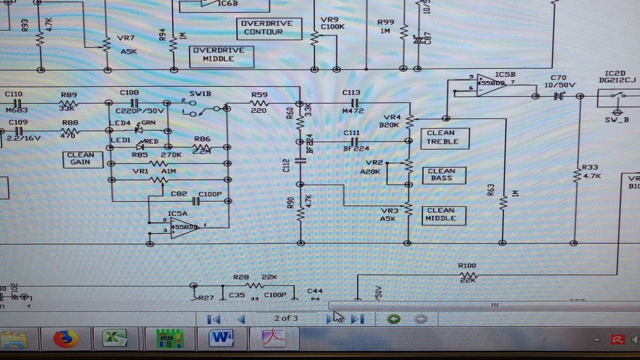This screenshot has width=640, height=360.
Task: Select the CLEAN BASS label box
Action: tap(444, 175)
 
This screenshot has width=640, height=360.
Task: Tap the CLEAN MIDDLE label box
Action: tap(444, 215)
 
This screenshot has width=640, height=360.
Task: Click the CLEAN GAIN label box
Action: tap(82, 159)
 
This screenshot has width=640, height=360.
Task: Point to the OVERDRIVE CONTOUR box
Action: tap(268, 28)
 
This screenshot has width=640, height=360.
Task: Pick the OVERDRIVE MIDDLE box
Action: tap(221, 56)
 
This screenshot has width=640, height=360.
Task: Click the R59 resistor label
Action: tap(259, 95)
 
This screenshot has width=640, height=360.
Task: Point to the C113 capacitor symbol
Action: tap(354, 103)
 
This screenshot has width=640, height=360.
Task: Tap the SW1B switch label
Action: tap(200, 94)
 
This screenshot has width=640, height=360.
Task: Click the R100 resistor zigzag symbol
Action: tap(468, 276)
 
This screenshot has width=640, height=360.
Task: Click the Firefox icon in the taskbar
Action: tap(66, 339)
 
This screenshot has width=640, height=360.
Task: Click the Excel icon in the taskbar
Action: tap(114, 339)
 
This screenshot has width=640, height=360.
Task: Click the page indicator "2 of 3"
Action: tap(286, 318)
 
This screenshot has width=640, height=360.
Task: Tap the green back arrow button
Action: tap(394, 319)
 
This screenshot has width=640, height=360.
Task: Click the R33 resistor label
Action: tap(590, 168)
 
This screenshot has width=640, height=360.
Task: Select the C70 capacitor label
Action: tap(558, 78)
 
